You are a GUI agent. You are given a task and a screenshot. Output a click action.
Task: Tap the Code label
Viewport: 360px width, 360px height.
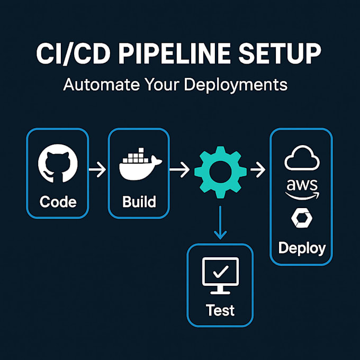pyautogui.click(x=58, y=202)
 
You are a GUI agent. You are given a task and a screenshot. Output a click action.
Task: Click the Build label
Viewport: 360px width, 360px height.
pyautogui.click(x=138, y=202)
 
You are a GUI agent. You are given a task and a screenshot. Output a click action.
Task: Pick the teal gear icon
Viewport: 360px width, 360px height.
pyautogui.click(x=220, y=171)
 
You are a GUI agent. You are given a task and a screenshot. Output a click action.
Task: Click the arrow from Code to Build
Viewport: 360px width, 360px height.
pyautogui.click(x=97, y=171)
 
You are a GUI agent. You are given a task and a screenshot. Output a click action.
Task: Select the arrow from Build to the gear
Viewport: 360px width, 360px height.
pyautogui.click(x=179, y=171)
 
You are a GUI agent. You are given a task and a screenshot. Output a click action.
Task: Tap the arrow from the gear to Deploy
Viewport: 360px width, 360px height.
pyautogui.click(x=258, y=171)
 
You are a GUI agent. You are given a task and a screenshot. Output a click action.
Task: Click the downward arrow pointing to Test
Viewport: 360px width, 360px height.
pyautogui.click(x=220, y=222)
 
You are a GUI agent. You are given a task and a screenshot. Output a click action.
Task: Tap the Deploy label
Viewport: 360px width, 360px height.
pyautogui.click(x=302, y=248)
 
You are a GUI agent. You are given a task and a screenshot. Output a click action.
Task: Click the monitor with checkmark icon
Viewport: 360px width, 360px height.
pyautogui.click(x=220, y=275)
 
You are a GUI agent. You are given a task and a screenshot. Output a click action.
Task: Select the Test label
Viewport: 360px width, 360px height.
pyautogui.click(x=220, y=309)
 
